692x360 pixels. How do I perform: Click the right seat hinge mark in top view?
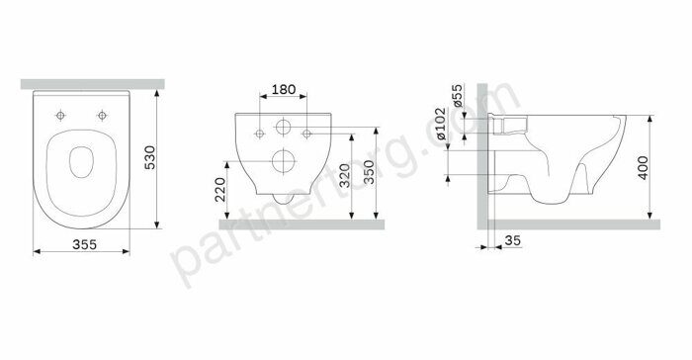[x=102, y=114]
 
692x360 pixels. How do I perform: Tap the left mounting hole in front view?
[x=257, y=132]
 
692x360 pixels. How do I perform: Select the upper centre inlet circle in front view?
[x=282, y=128]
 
